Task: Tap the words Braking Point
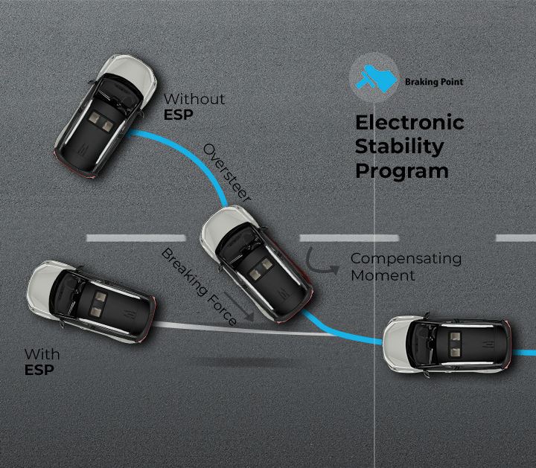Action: (433, 82)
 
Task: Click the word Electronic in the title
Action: (409, 123)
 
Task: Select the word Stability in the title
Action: (399, 146)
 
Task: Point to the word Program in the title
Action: (401, 170)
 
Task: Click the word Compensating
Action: (406, 259)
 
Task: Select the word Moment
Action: (383, 275)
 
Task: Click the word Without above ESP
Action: (194, 99)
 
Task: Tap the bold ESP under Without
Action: (177, 115)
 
